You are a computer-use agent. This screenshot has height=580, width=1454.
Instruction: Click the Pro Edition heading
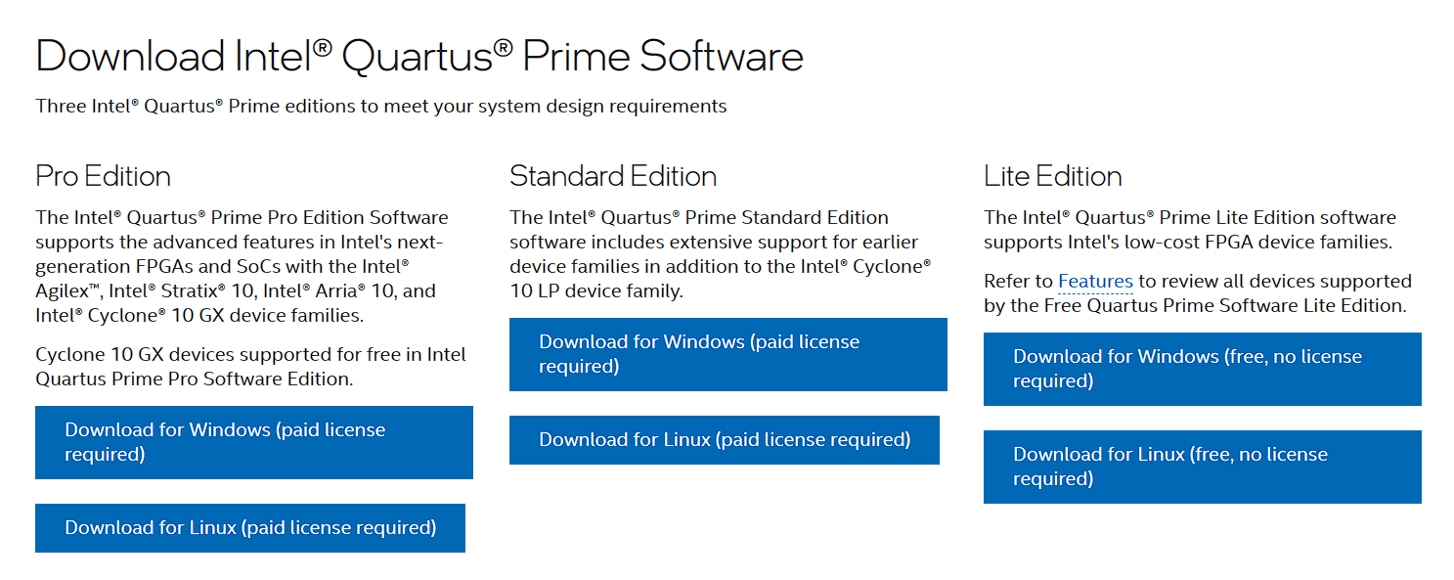tap(103, 176)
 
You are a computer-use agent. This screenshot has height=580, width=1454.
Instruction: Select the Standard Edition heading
tap(613, 176)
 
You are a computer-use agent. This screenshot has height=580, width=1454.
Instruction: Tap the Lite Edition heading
tap(1052, 176)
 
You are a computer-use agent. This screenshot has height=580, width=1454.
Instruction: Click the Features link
tap(1095, 282)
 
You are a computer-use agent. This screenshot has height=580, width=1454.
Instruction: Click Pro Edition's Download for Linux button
tap(249, 528)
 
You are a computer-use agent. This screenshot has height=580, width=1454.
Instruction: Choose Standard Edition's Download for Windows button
tap(727, 354)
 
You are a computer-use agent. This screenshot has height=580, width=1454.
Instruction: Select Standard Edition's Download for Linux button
tap(724, 440)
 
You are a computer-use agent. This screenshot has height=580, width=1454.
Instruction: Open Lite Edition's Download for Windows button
tap(1202, 369)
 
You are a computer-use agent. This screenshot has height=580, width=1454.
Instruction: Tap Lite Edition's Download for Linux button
tap(1202, 467)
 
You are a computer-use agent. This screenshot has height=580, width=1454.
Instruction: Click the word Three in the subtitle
tap(62, 106)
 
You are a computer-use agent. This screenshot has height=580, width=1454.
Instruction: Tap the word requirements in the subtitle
tap(670, 106)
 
